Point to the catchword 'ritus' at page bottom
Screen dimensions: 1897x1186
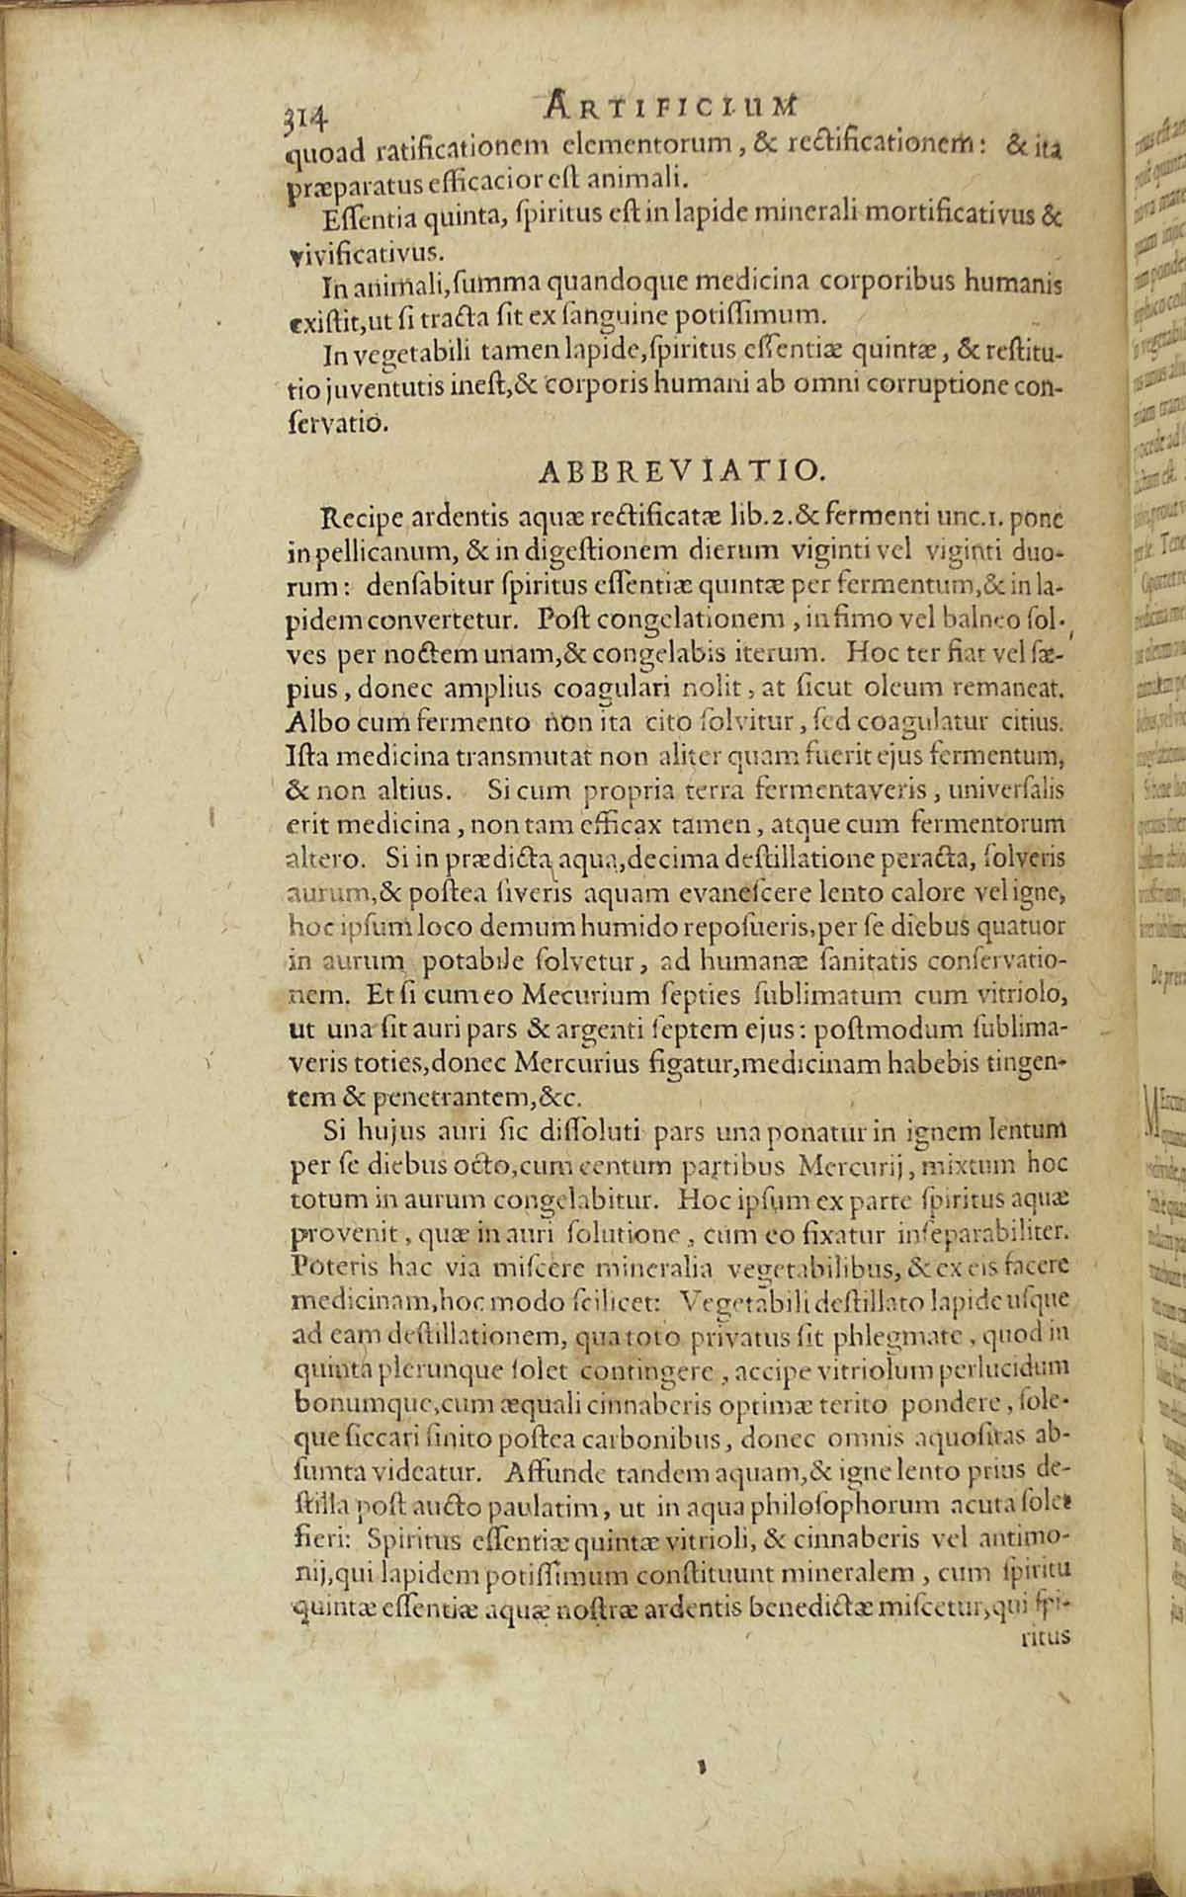tap(1045, 1634)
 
